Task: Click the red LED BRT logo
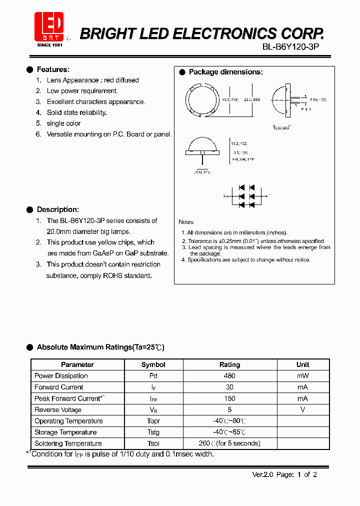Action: [49, 26]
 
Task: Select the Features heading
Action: [53, 69]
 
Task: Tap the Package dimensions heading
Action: [225, 72]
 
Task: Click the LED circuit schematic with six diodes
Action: [246, 195]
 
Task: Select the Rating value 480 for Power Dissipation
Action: [229, 376]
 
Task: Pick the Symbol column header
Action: [153, 364]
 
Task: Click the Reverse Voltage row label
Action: [57, 410]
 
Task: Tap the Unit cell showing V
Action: [302, 410]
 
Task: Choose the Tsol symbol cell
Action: [153, 443]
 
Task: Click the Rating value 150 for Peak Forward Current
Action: [229, 398]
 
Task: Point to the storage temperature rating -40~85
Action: [229, 432]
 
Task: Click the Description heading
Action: [57, 209]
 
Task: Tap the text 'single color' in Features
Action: [63, 123]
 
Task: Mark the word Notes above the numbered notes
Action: [186, 222]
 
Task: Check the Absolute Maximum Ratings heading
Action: [100, 347]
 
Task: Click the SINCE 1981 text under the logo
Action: [49, 45]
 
